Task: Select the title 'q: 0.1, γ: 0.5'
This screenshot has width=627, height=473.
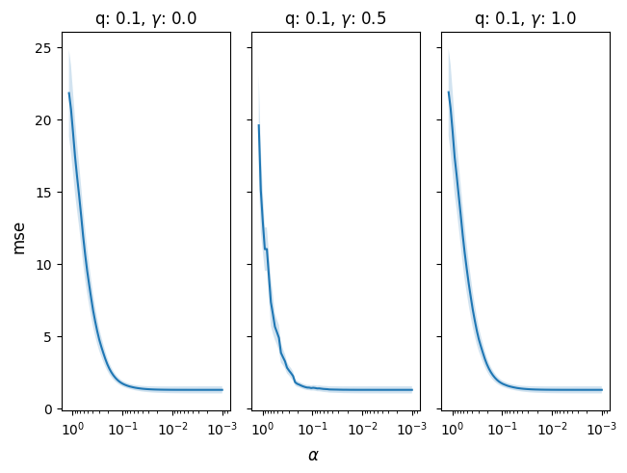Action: [x=335, y=17]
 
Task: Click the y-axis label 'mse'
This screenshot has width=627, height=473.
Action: [x=19, y=235]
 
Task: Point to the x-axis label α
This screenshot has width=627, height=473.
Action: [x=313, y=455]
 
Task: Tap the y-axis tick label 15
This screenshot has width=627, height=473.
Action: [x=44, y=193]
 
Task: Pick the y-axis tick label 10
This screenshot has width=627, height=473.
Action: [x=44, y=265]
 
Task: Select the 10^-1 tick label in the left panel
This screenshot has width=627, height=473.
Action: [x=122, y=427]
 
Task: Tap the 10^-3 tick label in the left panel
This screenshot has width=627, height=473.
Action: [x=222, y=427]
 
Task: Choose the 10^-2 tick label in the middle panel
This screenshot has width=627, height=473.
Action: [x=361, y=427]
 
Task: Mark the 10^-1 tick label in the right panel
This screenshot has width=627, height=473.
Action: [x=502, y=427]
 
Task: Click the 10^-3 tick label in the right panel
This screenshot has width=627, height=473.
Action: [x=601, y=427]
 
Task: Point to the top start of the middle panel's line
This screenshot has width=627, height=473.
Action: [x=258, y=125]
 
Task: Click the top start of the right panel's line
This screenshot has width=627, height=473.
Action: [x=449, y=92]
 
